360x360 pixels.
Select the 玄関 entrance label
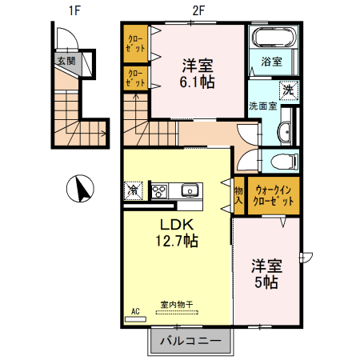(65, 60)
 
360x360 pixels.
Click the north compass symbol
(80, 189)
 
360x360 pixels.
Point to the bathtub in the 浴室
(274, 38)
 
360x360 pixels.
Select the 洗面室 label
(262, 106)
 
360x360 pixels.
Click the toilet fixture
(285, 161)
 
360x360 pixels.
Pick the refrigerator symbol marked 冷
(134, 190)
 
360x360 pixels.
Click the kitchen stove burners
(159, 190)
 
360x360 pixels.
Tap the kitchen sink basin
(189, 190)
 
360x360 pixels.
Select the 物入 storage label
(238, 195)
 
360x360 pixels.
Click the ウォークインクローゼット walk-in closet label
(274, 196)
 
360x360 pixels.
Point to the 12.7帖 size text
(177, 240)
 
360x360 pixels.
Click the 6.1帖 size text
(196, 81)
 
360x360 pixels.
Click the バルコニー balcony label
(190, 341)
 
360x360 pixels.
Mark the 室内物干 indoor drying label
(177, 304)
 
